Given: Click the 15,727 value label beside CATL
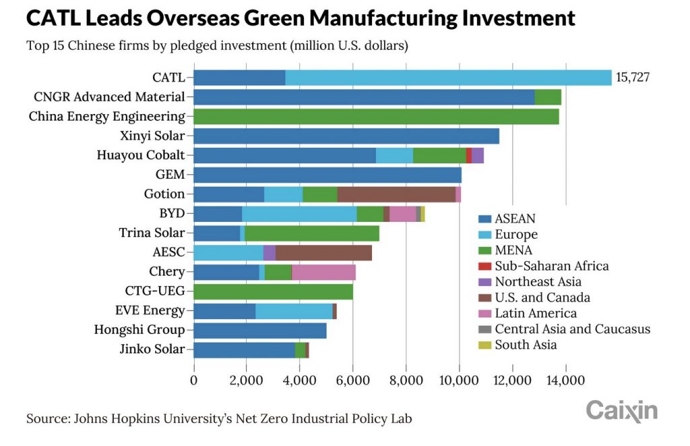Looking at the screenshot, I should tap(633, 78).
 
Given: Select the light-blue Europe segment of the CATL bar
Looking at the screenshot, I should tap(448, 78).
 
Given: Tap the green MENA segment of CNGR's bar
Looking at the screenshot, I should tap(548, 97).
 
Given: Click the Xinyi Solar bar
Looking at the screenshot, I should tap(346, 136).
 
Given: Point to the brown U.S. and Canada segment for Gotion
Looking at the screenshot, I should tap(396, 194).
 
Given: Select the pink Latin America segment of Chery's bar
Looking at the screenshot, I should tap(323, 272).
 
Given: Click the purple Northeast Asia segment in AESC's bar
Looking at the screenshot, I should tap(270, 253).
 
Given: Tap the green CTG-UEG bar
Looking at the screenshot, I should tap(273, 291).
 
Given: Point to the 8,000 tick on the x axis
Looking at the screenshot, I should tap(406, 381).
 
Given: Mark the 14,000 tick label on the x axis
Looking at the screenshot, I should tap(565, 381).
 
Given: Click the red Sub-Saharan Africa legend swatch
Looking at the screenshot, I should tap(484, 266).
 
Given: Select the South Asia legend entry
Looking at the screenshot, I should tap(526, 345).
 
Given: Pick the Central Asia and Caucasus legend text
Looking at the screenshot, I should tap(572, 329).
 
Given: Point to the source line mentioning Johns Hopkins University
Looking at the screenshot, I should tap(219, 418).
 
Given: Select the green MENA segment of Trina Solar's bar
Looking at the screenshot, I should tap(312, 233).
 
